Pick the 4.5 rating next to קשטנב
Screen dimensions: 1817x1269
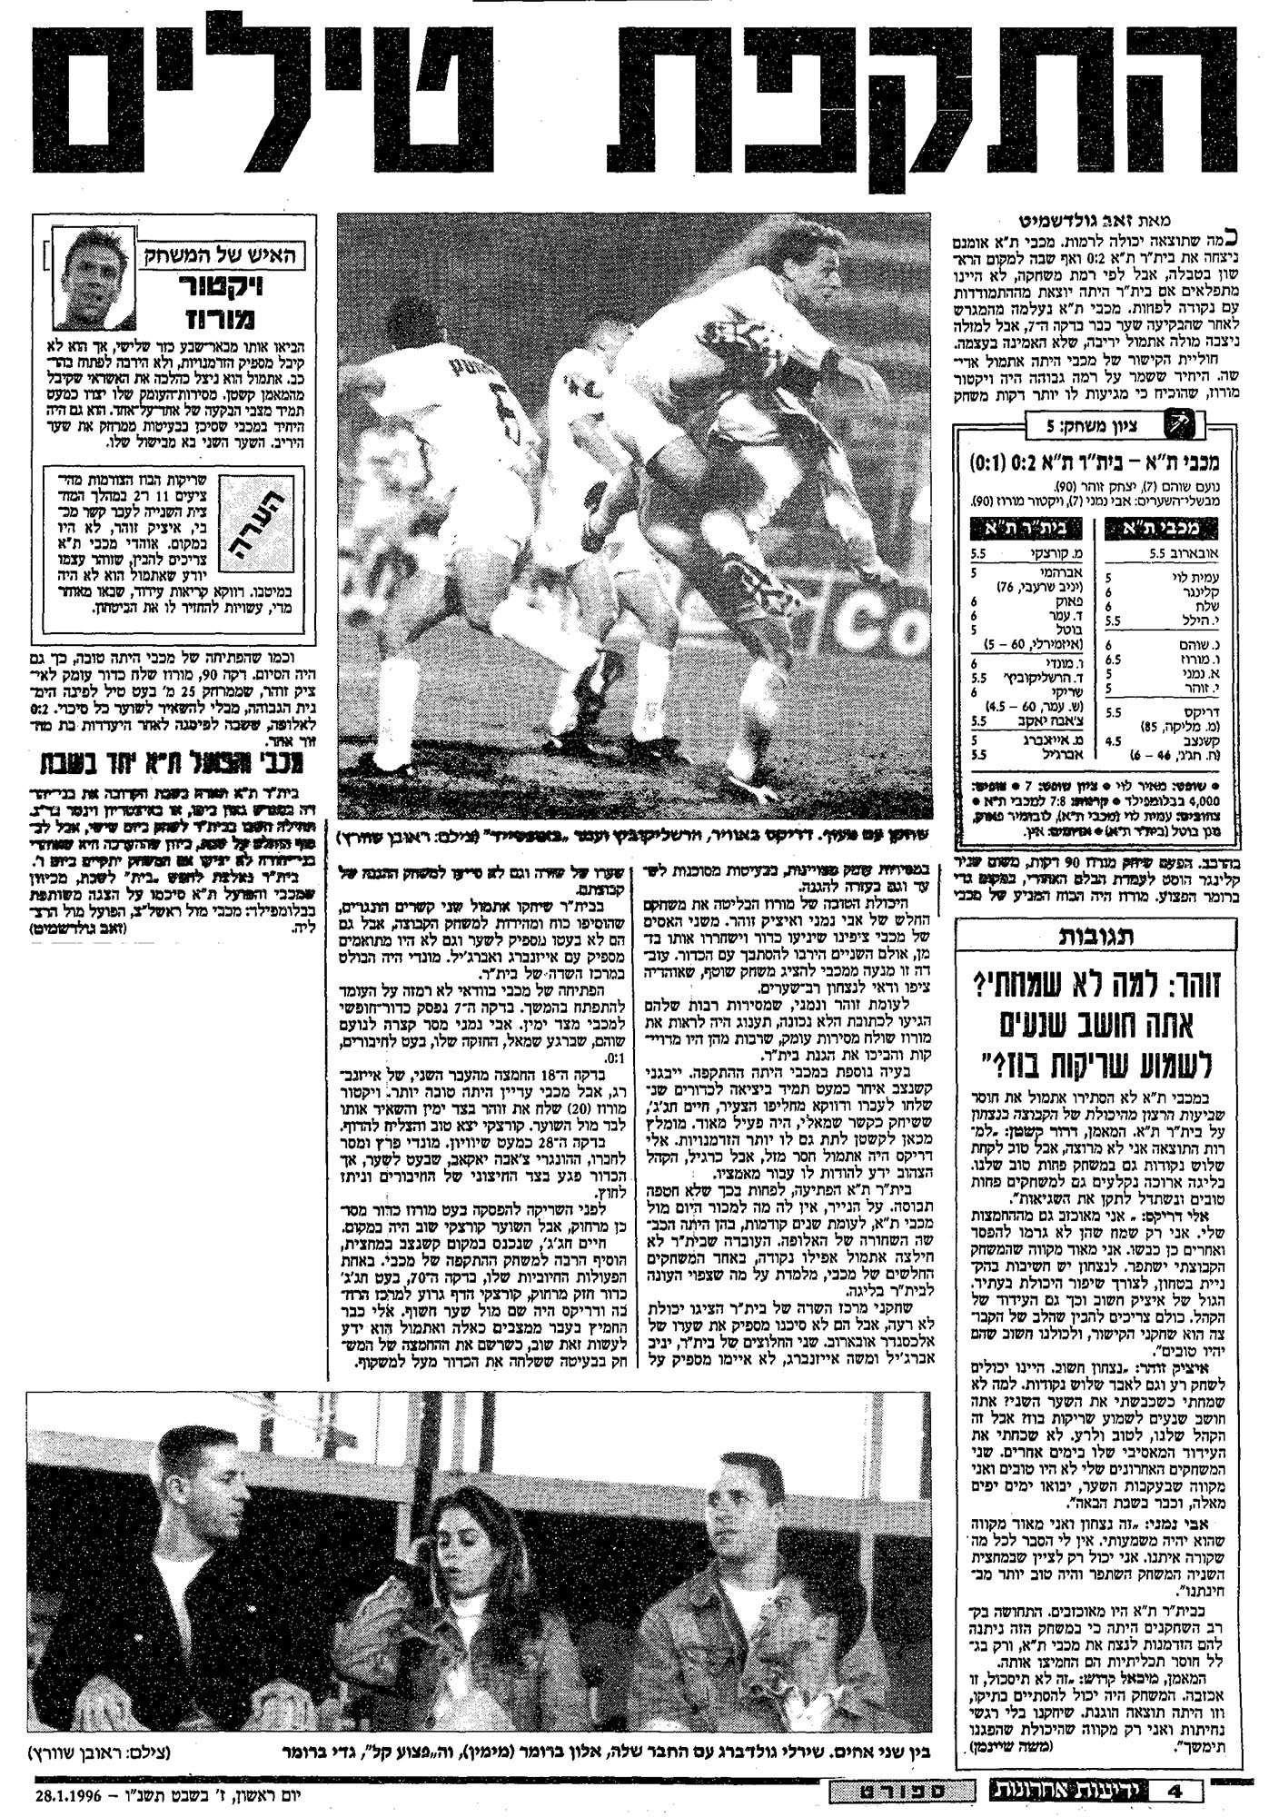(x=1114, y=740)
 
